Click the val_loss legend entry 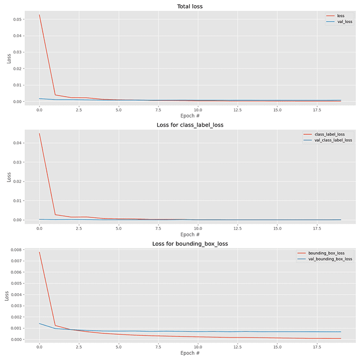[344, 22]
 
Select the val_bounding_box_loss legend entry [330, 259]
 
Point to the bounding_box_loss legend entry [326, 253]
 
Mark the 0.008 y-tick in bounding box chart [15, 250]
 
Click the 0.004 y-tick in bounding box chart [15, 295]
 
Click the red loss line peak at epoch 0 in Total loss [39, 15]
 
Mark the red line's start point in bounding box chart [39, 252]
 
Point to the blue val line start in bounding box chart [39, 323]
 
